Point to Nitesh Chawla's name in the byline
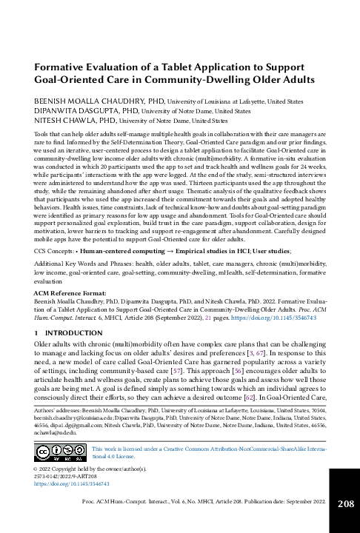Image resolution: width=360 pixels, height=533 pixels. [62, 118]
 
